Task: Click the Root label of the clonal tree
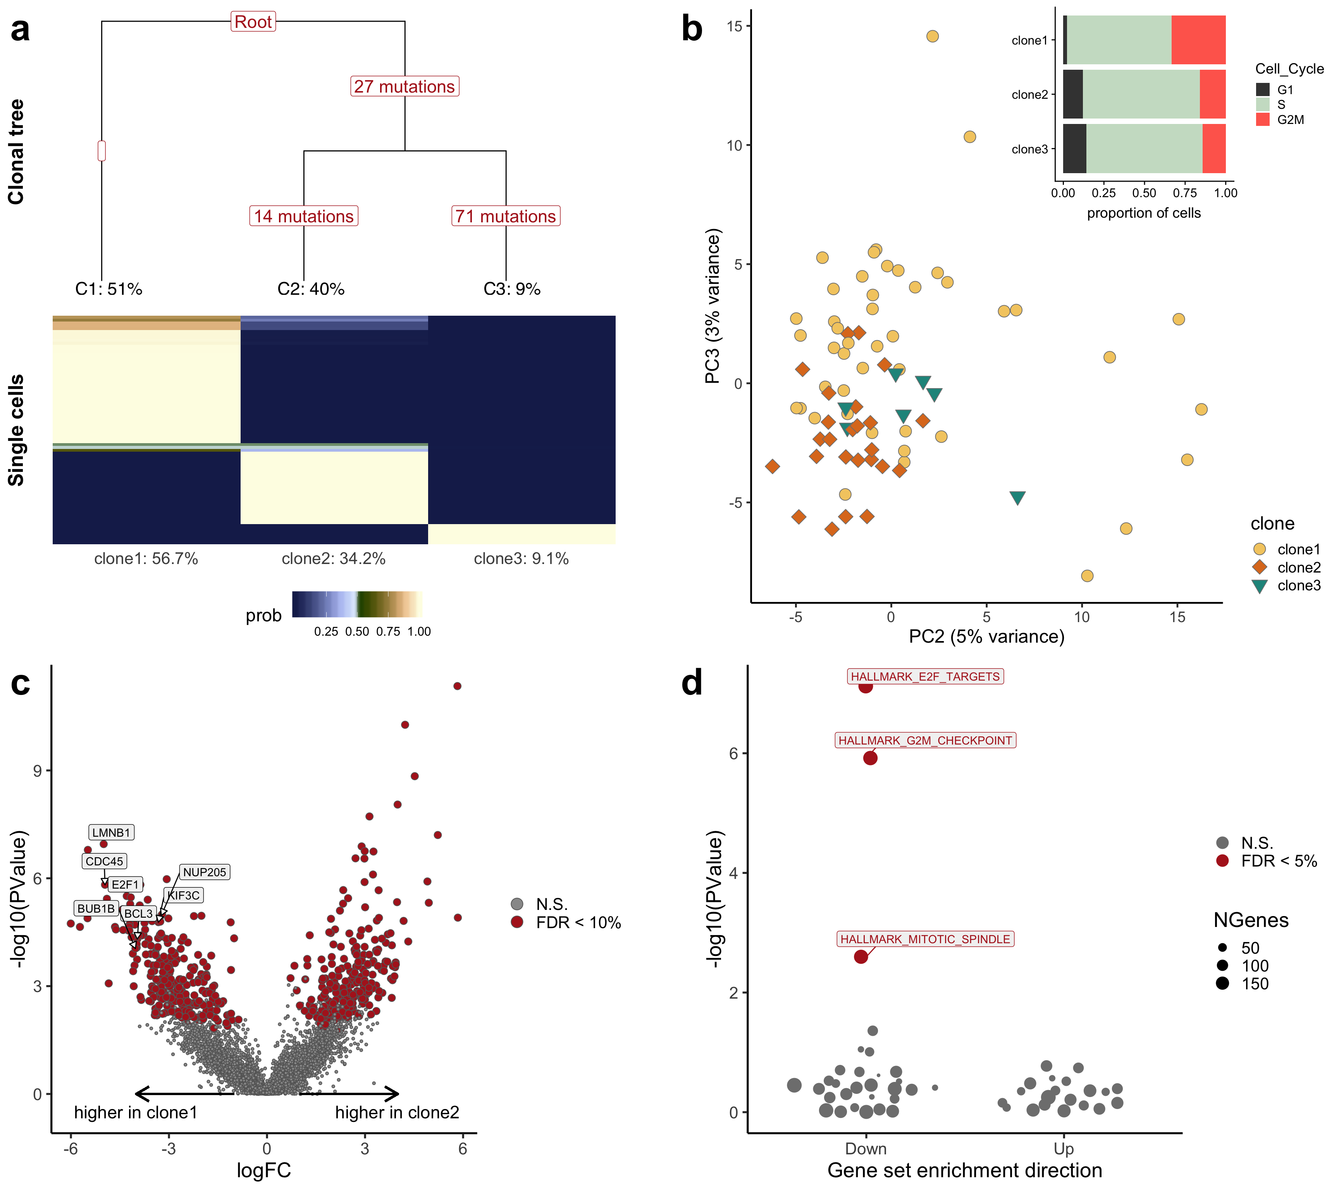tap(253, 22)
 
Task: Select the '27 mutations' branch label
tap(404, 86)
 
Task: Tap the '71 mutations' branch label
tap(505, 216)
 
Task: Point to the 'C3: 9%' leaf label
tap(512, 289)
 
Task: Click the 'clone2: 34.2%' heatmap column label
tap(334, 559)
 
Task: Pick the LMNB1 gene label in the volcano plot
tap(111, 832)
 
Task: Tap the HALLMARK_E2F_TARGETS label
tap(925, 676)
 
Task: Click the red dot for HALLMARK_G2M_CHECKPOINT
tap(870, 758)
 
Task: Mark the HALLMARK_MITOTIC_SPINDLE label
tap(925, 939)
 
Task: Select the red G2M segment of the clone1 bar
tap(1198, 40)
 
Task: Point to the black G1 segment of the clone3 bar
tap(1074, 149)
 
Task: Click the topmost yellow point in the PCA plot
tap(932, 36)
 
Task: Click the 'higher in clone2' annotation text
tap(397, 1113)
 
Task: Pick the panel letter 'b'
tap(692, 29)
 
